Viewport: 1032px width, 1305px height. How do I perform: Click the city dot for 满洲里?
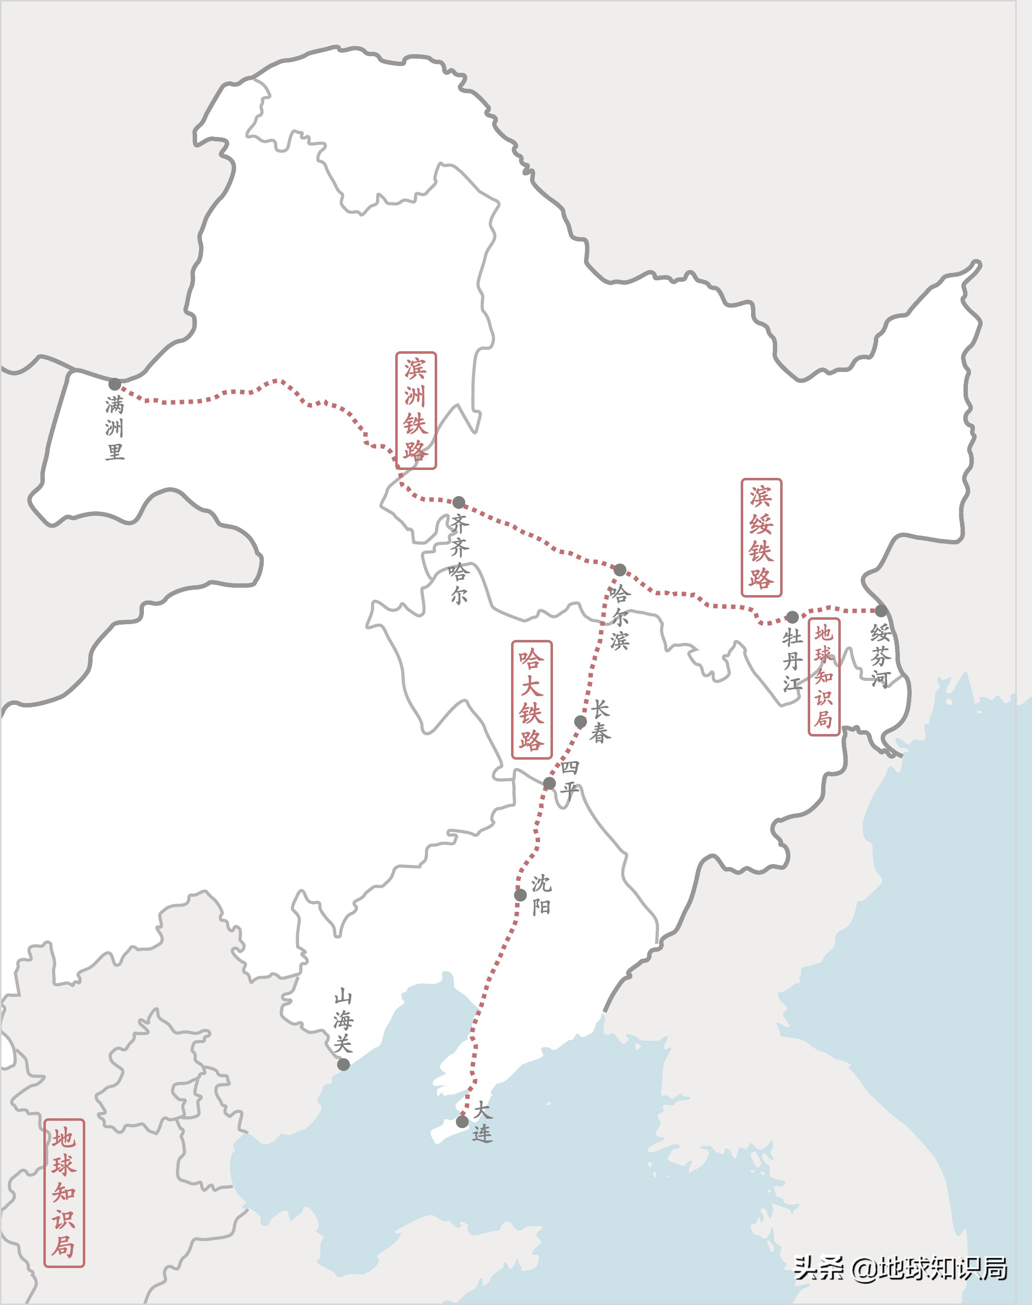point(115,384)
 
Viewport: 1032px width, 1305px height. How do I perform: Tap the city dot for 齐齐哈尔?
point(459,502)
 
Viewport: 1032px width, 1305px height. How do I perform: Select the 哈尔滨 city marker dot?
point(620,569)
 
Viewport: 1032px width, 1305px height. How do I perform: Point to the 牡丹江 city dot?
point(792,617)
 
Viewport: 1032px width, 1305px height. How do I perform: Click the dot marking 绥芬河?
point(881,610)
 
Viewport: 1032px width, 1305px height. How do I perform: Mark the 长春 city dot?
point(580,722)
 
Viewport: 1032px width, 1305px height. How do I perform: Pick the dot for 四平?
point(549,783)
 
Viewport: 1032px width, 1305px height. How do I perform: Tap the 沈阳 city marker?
point(520,894)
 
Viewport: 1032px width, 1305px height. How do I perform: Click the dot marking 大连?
point(462,1121)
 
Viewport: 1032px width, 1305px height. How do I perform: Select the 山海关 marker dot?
point(343,1064)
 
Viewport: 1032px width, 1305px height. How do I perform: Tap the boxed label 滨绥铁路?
point(761,537)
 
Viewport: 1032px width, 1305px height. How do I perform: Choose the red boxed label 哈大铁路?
point(532,700)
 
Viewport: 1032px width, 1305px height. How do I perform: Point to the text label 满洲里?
point(115,428)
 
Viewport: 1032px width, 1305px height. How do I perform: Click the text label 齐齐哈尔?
point(459,559)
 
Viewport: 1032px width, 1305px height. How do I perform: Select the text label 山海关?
point(343,1021)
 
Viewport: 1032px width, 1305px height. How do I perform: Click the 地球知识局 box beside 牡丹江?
point(824,677)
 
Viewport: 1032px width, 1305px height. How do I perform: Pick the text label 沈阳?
point(541,895)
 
